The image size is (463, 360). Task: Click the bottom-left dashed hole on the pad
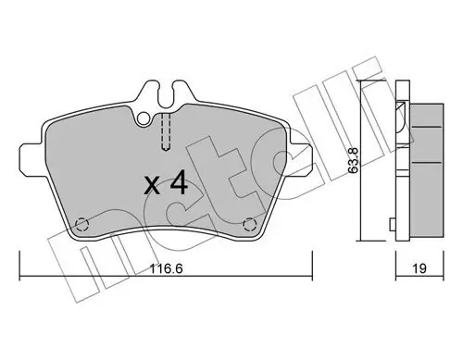[82, 223]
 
